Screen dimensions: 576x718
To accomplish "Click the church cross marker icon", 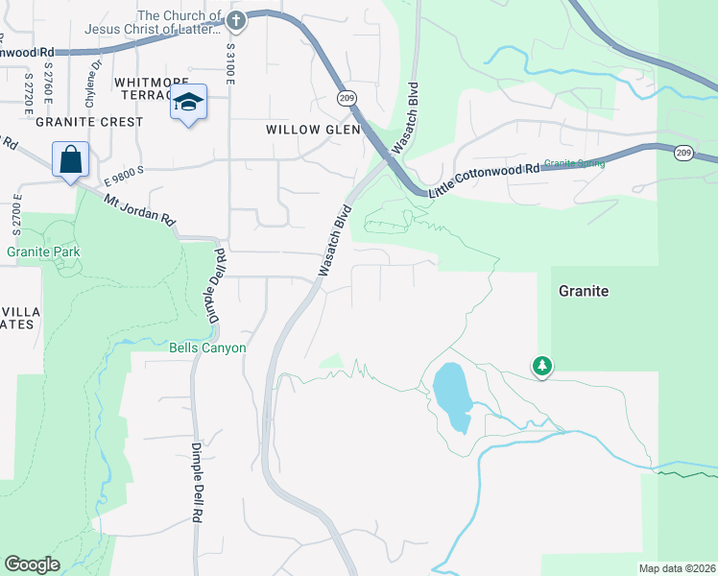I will (x=236, y=20).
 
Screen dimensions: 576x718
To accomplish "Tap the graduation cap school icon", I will (x=189, y=104).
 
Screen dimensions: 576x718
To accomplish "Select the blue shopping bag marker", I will (x=71, y=159).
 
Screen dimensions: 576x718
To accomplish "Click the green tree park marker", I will (x=542, y=366).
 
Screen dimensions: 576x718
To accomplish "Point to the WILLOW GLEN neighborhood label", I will (x=313, y=129).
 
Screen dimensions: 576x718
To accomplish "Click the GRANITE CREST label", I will (x=89, y=122).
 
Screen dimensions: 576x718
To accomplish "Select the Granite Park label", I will (x=43, y=252).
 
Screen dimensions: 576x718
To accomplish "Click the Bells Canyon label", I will (x=208, y=348).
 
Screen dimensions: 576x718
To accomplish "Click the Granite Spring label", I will (x=574, y=163).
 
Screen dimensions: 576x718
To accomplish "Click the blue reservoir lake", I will (x=451, y=396).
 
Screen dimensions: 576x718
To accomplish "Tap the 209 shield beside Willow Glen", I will (x=347, y=98).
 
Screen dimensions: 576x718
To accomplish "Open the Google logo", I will (x=32, y=564).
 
